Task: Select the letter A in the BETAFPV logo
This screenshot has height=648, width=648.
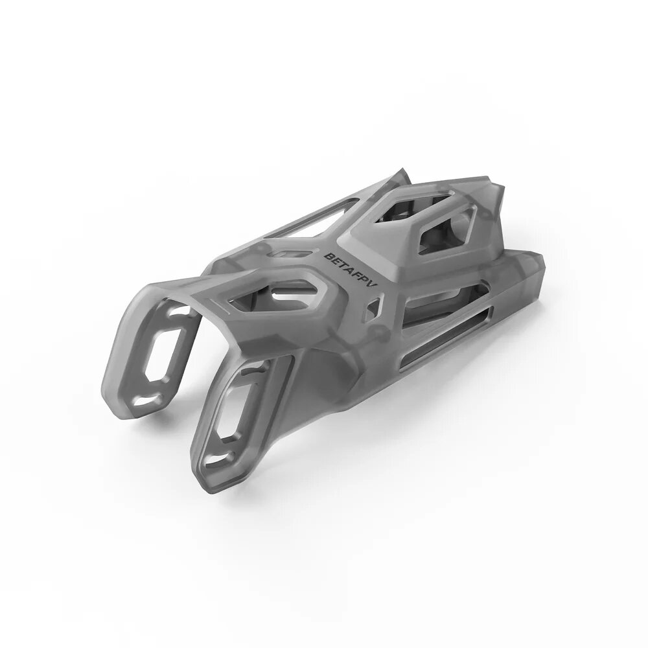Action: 349,268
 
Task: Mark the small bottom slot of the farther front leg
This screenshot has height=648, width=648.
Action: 146,407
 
